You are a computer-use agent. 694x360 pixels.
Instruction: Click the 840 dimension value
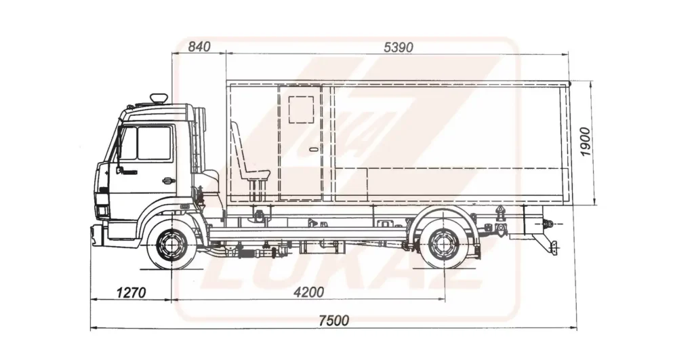[199, 46]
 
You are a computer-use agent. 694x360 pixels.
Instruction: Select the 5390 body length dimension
[399, 47]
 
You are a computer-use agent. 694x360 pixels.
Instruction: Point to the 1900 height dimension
[585, 142]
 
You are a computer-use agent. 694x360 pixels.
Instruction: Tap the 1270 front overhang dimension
[131, 293]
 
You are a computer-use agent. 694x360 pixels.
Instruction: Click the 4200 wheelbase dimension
[309, 292]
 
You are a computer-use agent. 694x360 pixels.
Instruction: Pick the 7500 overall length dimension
[334, 320]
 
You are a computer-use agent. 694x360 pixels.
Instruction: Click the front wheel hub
[170, 245]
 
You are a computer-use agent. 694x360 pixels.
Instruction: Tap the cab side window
[146, 143]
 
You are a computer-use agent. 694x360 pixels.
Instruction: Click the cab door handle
[168, 180]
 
